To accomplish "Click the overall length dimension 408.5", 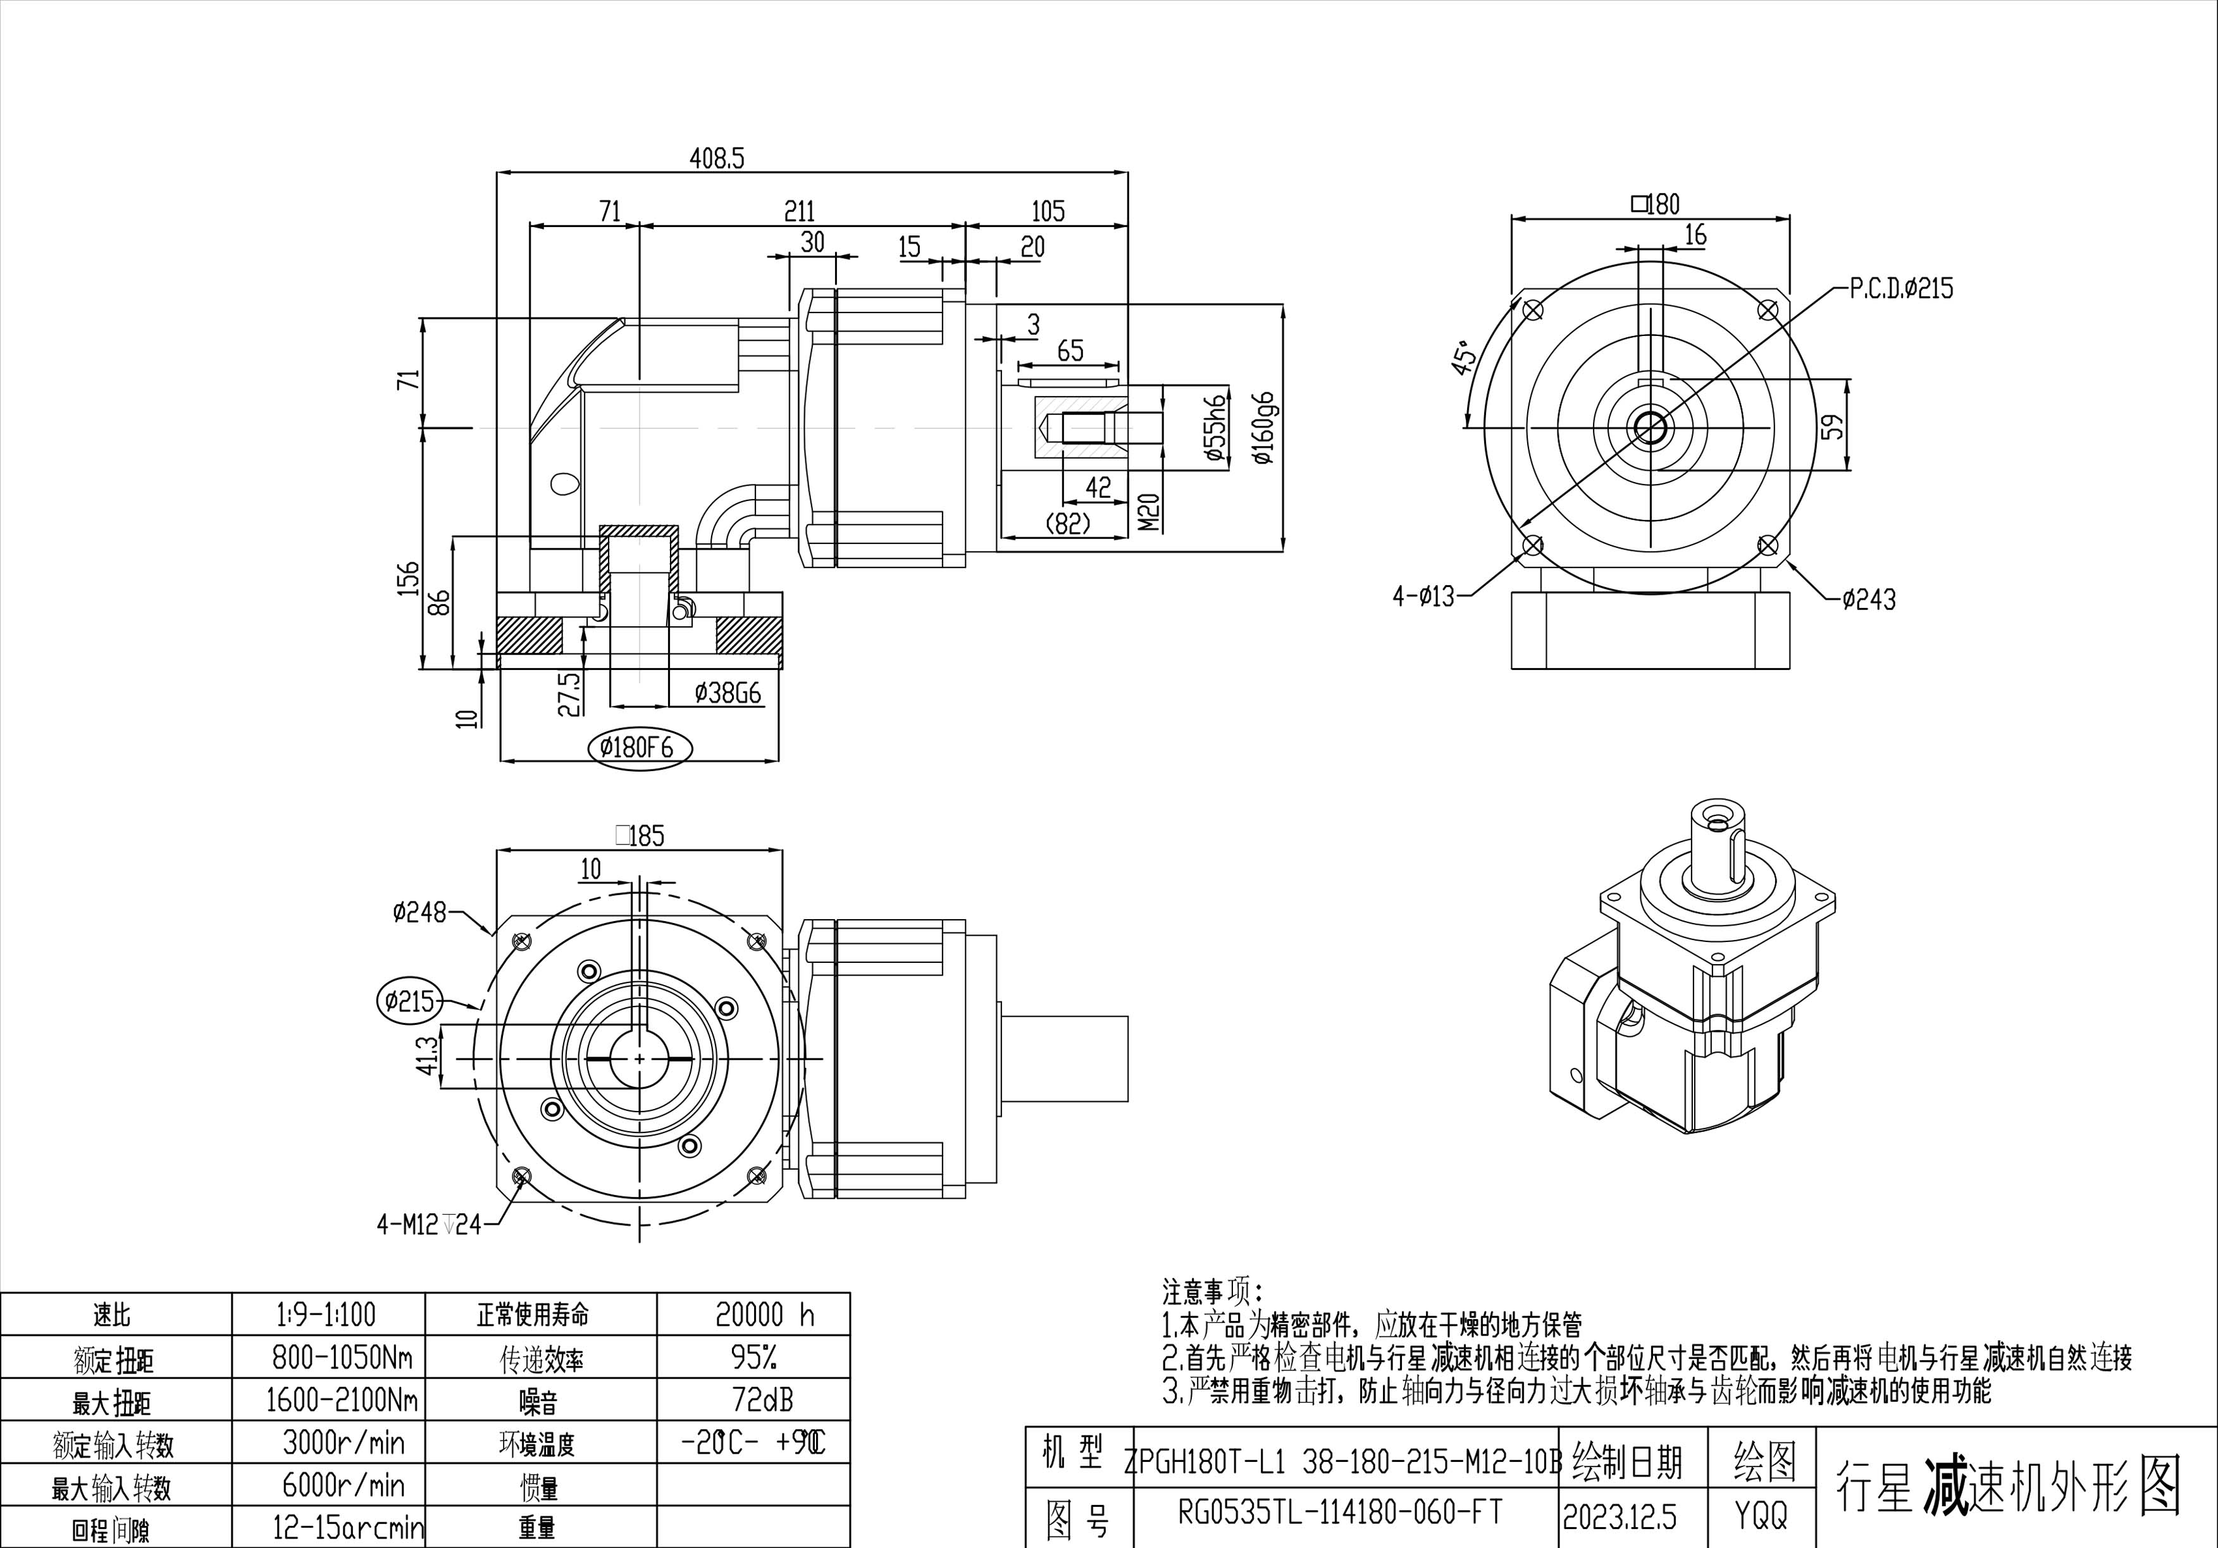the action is pos(716,158).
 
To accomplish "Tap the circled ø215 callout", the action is pos(409,1001).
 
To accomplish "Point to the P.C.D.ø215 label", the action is pos(1901,288).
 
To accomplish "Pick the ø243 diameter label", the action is pos(1868,599).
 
